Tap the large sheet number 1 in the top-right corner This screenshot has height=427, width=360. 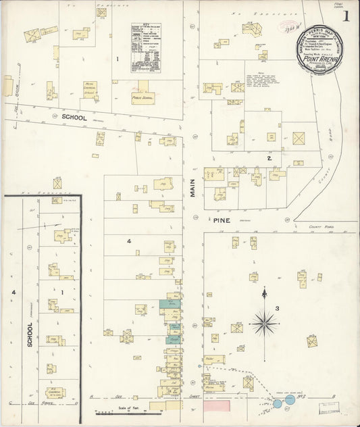tap(346, 16)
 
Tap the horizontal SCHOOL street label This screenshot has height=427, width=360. tap(74, 117)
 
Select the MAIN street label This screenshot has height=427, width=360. tap(192, 182)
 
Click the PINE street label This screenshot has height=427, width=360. tap(222, 220)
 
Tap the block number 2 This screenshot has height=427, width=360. tap(269, 158)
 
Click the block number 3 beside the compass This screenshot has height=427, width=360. tap(277, 309)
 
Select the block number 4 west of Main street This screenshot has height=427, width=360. tap(128, 241)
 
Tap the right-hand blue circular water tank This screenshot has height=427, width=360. tap(290, 400)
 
